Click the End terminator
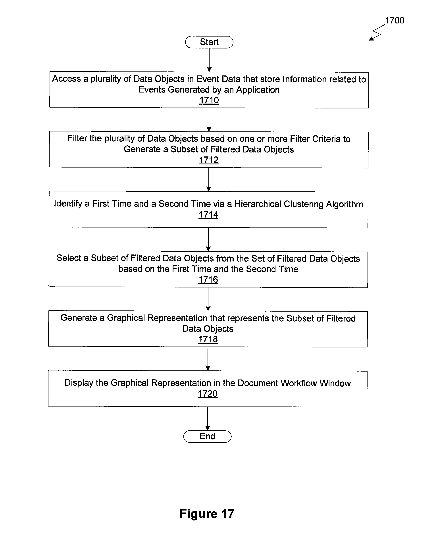[207, 436]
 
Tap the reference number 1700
[395, 20]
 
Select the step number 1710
[209, 100]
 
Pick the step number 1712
[208, 160]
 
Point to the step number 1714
[208, 215]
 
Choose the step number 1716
[208, 279]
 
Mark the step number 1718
[208, 339]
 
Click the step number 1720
[208, 394]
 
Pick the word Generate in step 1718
[79, 318]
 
